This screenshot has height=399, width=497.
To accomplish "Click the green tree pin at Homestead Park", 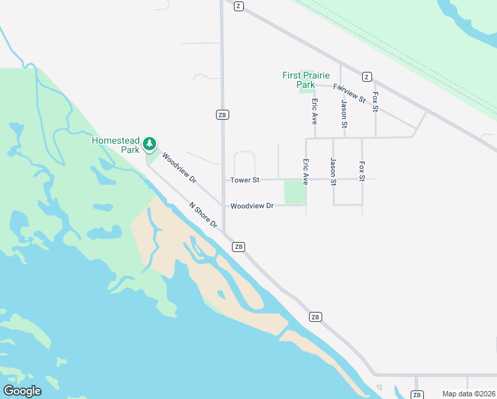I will pyautogui.click(x=150, y=142).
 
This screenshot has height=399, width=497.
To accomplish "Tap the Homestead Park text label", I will pyautogui.click(x=116, y=145).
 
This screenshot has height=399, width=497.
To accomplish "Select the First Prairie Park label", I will pyautogui.click(x=306, y=80).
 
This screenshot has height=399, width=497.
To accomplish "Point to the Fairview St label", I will pyautogui.click(x=349, y=92).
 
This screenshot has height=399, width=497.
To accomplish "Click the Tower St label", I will pyautogui.click(x=245, y=180).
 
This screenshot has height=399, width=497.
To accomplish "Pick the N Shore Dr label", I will pyautogui.click(x=203, y=215).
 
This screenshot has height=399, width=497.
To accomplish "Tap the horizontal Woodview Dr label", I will pyautogui.click(x=252, y=206).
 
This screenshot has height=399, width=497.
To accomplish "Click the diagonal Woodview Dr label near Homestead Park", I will pyautogui.click(x=179, y=170).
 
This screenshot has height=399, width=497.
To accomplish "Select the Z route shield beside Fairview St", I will pyautogui.click(x=366, y=76).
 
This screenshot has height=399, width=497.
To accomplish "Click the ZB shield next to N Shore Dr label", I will pyautogui.click(x=239, y=247).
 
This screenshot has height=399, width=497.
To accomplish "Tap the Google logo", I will pyautogui.click(x=23, y=391).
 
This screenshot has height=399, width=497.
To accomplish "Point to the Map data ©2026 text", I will pyautogui.click(x=468, y=394).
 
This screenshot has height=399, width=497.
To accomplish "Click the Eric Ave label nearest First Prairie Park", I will pyautogui.click(x=314, y=112).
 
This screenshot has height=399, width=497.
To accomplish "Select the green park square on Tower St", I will pyautogui.click(x=294, y=192).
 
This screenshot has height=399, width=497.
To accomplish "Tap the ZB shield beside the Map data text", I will pyautogui.click(x=417, y=395).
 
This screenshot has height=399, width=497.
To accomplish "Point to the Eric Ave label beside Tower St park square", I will pyautogui.click(x=306, y=172).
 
